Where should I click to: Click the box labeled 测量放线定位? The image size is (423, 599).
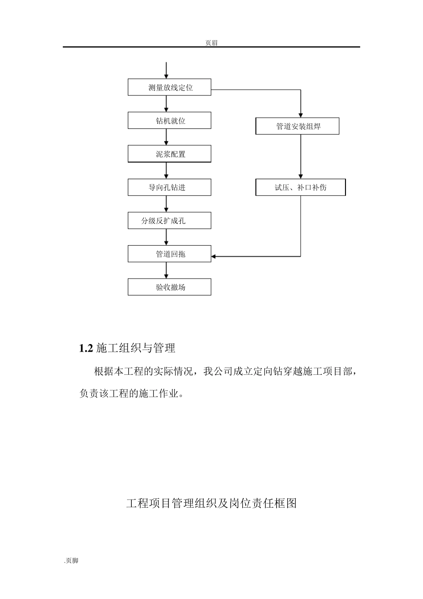170,87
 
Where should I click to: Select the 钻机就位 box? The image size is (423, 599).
170,121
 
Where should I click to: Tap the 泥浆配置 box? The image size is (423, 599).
170,154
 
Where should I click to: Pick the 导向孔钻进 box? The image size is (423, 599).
170,188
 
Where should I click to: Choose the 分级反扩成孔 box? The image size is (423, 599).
170,221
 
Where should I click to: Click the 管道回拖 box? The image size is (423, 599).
170,254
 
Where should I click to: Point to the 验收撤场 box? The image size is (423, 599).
170,287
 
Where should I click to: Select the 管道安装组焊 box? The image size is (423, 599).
297,126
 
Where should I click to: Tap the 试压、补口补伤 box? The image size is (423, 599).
301,188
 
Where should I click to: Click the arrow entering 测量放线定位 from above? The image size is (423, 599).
167,70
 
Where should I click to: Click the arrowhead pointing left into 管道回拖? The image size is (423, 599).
214,256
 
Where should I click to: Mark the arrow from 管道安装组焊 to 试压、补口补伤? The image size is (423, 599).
301,156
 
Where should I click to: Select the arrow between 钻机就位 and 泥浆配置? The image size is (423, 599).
167,137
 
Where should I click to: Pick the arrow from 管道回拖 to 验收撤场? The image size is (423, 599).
167,270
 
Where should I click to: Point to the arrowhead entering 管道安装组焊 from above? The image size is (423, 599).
301,115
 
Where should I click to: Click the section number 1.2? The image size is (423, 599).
85,349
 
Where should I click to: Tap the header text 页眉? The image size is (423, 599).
211,43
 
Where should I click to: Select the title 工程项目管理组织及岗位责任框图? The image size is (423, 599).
211,504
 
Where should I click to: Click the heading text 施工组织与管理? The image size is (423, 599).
136,349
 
